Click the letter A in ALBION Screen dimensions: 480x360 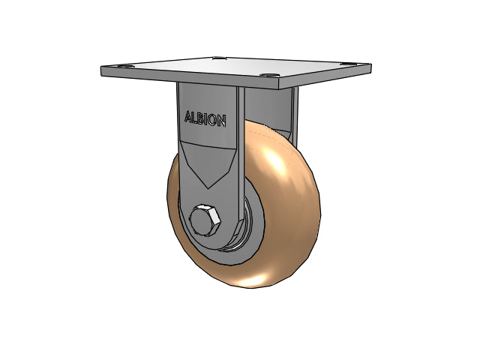pyautogui.click(x=188, y=117)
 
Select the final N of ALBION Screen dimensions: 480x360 pyautogui.click(x=223, y=121)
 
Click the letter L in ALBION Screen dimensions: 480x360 pyautogui.click(x=195, y=118)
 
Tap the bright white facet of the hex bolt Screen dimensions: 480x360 pyautogui.click(x=209, y=208)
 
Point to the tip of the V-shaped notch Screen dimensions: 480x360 pyautogui.click(x=208, y=187)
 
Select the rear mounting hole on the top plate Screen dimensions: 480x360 pyautogui.click(x=218, y=58)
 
